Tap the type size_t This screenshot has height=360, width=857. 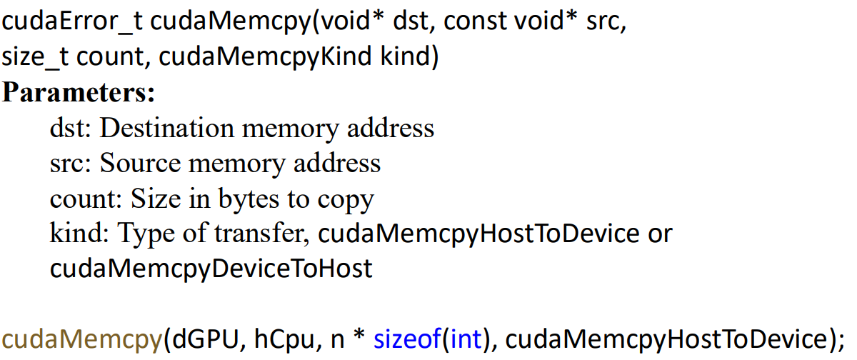pos(35,56)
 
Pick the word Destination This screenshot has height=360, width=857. pos(167,128)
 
